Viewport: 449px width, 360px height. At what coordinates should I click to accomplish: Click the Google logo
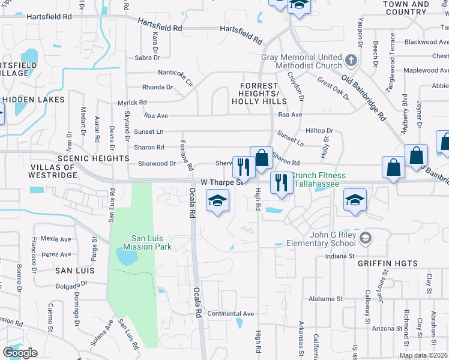tap(20, 353)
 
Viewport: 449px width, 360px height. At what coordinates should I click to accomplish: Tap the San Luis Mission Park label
tap(148, 242)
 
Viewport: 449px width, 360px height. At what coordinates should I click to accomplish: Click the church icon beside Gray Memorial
tap(352, 61)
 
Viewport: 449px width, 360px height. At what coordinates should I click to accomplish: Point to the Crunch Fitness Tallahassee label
tap(319, 179)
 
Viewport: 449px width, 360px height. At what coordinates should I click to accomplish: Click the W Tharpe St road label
tap(220, 181)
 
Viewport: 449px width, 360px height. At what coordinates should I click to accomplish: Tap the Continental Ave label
tap(231, 314)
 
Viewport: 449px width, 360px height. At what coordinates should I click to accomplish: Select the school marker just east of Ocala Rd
tap(218, 200)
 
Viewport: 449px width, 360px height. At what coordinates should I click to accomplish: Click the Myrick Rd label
tap(132, 103)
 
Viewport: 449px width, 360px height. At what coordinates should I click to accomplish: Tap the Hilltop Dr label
tap(319, 130)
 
